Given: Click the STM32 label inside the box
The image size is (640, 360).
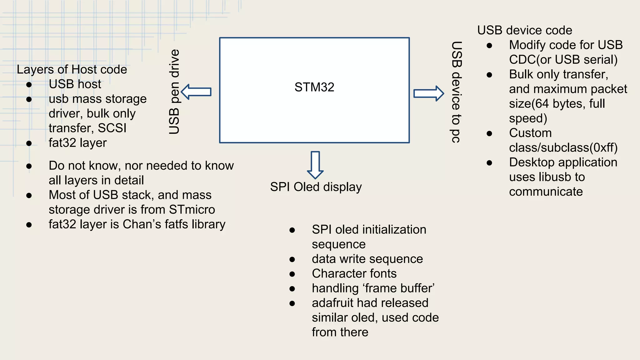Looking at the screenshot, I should [314, 87].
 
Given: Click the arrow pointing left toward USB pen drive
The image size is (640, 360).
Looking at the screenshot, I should [196, 92].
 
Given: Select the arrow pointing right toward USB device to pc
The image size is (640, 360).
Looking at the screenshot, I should [428, 93].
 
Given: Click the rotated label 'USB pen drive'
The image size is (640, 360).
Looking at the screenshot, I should [174, 92].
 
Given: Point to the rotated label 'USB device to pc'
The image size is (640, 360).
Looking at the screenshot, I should [456, 92].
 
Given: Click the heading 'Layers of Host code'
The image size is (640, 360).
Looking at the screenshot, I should [72, 69].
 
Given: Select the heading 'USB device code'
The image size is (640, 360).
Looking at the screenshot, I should [525, 30].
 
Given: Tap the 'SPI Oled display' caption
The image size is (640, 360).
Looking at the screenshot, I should [316, 187].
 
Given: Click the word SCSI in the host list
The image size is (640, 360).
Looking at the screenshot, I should [112, 128].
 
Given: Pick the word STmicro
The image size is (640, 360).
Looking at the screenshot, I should [192, 210].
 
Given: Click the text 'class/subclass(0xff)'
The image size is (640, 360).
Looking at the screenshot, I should [563, 148].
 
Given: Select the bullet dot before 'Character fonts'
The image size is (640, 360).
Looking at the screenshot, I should [292, 274].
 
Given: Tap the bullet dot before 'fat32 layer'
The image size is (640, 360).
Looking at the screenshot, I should [29, 143].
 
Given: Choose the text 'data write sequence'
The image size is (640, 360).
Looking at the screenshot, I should [367, 259].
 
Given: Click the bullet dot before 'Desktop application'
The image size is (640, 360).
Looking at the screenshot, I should [489, 163].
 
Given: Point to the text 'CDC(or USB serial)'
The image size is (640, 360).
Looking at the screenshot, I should [563, 60].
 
